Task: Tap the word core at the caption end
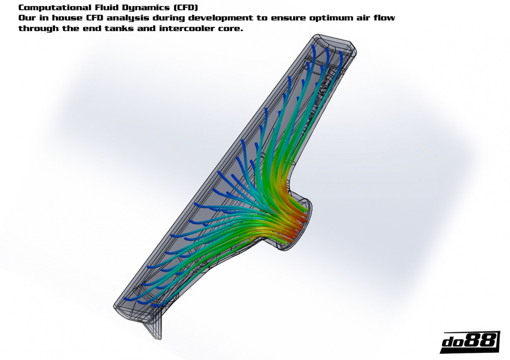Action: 231,29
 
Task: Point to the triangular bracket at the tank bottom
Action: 155,329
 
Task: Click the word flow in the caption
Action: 385,18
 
